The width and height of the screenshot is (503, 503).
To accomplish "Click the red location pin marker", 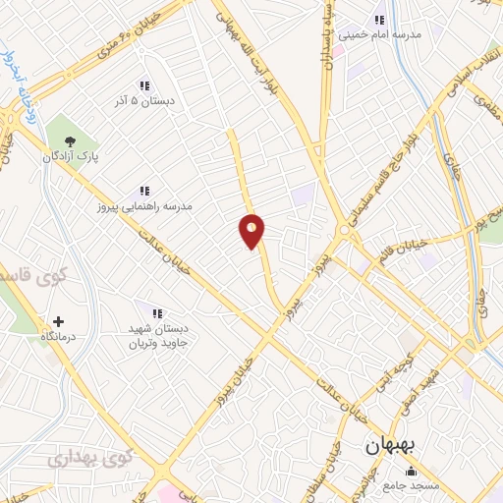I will point(252,231).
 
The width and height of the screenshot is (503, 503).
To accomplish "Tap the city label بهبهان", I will point(391,445).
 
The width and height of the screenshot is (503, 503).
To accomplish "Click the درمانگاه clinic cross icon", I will point(58,321).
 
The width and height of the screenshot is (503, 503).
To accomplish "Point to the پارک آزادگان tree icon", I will point(68,140).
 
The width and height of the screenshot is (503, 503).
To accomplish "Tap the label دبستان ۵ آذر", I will point(145,99).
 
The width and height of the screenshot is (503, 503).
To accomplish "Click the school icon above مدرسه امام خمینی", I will point(378,20).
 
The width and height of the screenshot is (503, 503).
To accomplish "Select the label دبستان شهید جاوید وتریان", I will point(152,336).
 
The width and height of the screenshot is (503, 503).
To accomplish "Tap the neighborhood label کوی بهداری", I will point(88,458).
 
